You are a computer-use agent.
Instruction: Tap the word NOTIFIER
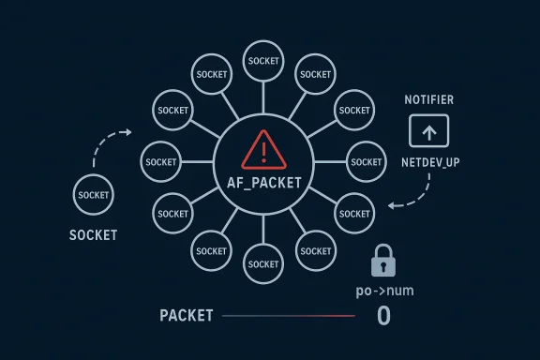428,99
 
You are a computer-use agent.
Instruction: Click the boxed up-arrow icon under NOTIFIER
429,131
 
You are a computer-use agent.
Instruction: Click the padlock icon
382,261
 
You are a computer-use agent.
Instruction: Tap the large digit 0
382,316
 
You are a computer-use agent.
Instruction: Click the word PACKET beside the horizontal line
186,316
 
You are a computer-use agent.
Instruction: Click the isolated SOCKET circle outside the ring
95,195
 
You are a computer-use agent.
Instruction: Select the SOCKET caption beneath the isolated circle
94,234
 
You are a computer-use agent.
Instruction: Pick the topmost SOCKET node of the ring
262,61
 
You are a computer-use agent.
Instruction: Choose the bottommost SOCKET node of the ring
262,264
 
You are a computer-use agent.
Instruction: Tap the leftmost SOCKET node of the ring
160,162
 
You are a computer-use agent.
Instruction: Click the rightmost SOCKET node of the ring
366,161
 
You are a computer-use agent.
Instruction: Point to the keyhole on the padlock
382,264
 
